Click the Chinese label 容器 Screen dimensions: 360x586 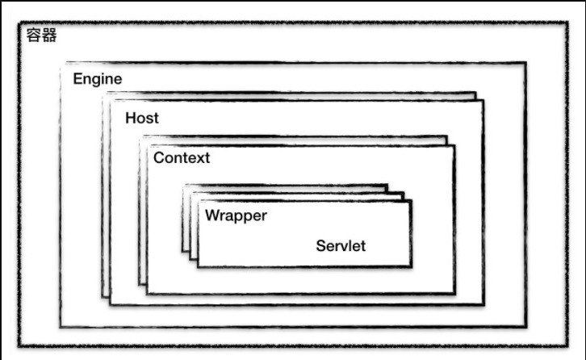click(42, 36)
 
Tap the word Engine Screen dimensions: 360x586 click(98, 79)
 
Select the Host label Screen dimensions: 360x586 click(142, 118)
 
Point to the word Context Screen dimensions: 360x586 click(182, 157)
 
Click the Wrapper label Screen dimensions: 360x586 click(236, 216)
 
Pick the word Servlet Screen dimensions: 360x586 click(341, 245)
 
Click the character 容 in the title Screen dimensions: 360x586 click(34, 36)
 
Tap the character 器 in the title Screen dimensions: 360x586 click(49, 36)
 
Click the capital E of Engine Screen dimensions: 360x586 click(77, 79)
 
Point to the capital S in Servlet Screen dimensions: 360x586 click(320, 245)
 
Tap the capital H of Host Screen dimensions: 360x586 click(130, 118)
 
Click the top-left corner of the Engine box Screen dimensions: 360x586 click(61, 63)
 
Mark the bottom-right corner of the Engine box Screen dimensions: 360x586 click(526, 327)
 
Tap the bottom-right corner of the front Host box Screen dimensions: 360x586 click(483, 305)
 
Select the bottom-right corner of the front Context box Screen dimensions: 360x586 click(454, 293)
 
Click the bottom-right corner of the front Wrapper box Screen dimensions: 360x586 click(411, 266)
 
